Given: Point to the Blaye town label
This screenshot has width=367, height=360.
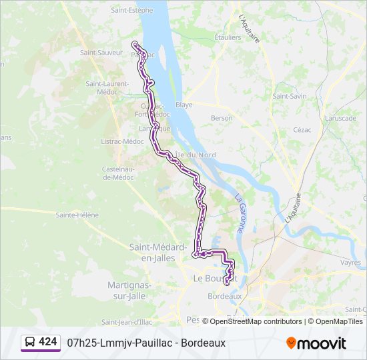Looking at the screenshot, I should pos(183,105).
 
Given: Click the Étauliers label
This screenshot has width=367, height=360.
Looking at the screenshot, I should pos(228,37).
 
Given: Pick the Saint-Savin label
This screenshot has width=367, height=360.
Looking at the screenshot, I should pos(289,96).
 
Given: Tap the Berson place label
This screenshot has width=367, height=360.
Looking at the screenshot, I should pos(222,118).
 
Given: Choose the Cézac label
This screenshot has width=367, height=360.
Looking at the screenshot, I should pos(302,129).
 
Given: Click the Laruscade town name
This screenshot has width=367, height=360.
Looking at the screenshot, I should pos(340,118).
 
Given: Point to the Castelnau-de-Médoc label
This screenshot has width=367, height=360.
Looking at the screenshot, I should pos(119,173).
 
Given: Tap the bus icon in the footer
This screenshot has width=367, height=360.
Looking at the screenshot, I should pos(30,342).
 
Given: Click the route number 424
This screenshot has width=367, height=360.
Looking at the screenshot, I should pos(48,341).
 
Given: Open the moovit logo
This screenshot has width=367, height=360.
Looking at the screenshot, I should pos(316,343).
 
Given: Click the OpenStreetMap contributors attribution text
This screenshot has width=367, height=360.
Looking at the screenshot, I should pos(256,321).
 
